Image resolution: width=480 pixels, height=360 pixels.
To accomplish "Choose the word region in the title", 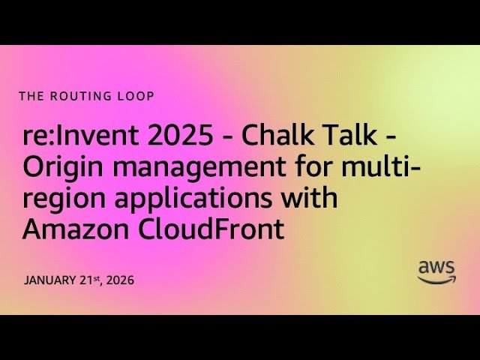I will coord(64,201).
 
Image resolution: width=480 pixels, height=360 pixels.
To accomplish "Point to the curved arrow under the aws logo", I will coord(436,280).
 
